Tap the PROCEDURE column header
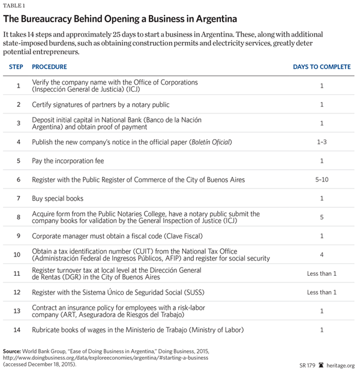pos(49,67)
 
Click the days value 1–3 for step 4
pos(322,142)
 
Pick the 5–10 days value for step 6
pos(322,179)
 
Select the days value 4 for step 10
pos(322,254)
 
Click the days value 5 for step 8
pos(322,216)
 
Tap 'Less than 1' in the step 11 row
pos(322,273)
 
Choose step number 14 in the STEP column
pos(18,329)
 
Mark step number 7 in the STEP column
pos(18,198)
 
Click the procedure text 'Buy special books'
pos(58,198)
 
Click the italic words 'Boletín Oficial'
pos(208,142)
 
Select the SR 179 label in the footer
pos(307,365)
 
